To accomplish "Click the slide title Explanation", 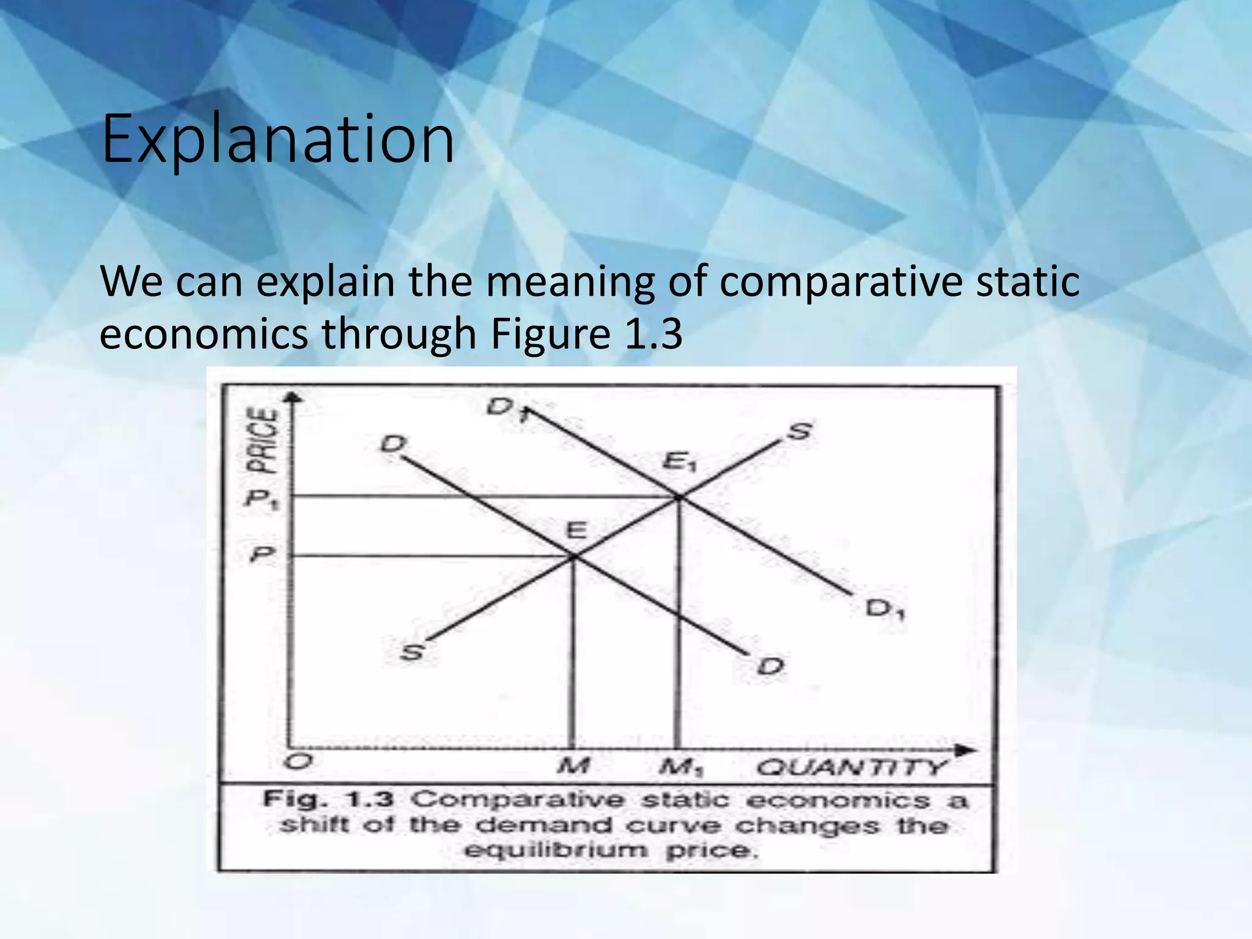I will (x=278, y=139).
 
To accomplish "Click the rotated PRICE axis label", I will (x=262, y=440).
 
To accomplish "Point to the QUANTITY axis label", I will (x=851, y=767).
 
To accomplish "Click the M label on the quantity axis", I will (x=573, y=766).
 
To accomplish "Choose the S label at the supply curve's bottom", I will (x=412, y=652).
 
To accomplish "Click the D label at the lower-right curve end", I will (x=770, y=666).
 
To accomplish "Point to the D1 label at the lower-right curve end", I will (x=884, y=609).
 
